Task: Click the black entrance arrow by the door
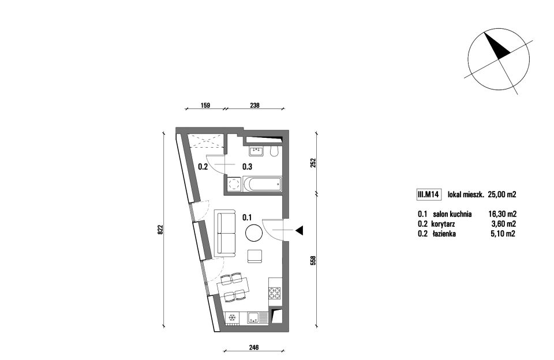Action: point(300,231)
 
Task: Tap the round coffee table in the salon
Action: point(254,233)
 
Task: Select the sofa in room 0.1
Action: point(225,233)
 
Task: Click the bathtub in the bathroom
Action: point(262,183)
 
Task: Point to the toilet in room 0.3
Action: point(274,151)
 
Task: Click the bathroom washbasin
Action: point(256,152)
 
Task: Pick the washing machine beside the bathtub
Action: point(234,184)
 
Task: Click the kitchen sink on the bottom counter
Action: point(254,318)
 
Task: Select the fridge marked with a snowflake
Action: point(232,318)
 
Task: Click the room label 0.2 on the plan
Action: point(203,166)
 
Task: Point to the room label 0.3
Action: point(247,166)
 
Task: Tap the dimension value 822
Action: point(160,230)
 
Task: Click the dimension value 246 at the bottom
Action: point(254,348)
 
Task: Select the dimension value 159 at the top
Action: point(205,105)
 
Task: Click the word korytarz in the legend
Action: point(443,224)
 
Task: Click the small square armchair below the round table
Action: point(255,256)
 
